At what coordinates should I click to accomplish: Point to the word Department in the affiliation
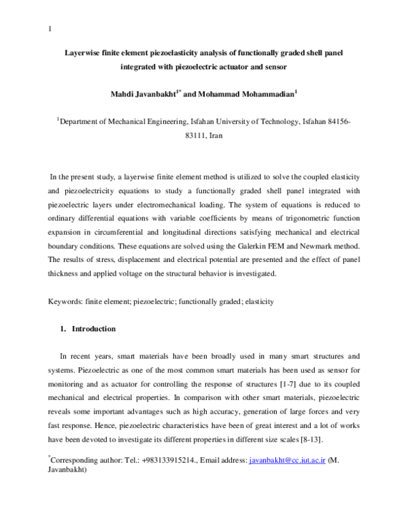click(79, 120)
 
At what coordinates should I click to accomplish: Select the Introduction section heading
click(93, 329)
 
